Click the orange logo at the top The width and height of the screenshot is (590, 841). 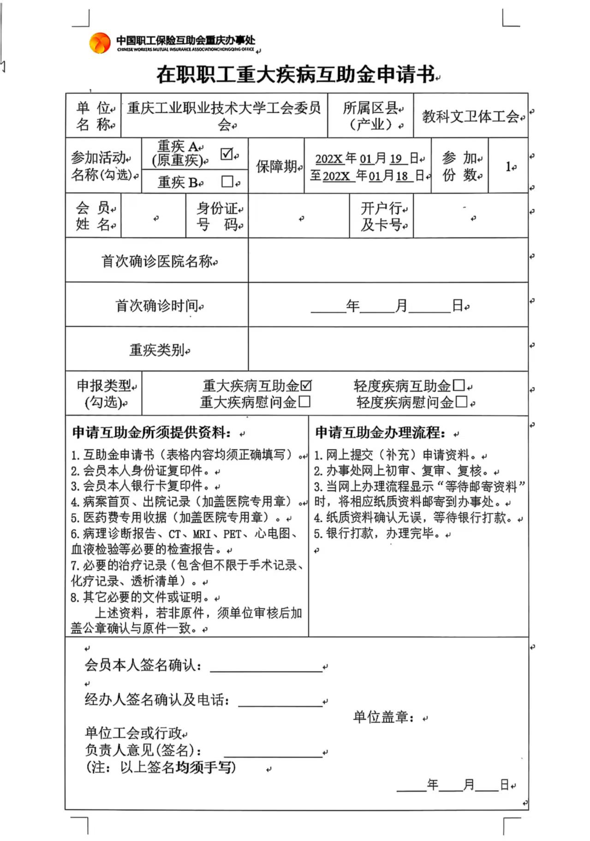100,43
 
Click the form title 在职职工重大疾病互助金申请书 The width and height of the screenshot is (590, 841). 295,74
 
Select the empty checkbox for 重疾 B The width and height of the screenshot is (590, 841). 227,181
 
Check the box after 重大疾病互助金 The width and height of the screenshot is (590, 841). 306,385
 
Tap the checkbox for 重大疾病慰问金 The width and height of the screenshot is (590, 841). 304,402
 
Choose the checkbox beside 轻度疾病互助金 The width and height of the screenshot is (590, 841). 459,385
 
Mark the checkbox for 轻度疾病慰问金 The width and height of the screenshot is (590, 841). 461,402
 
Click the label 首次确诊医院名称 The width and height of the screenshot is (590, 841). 157,261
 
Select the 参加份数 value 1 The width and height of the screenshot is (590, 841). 508,166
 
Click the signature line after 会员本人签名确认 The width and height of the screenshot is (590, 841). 266,667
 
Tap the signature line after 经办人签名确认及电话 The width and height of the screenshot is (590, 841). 280,702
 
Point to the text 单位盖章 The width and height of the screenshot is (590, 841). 383,717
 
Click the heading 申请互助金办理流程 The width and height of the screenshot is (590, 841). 380,433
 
